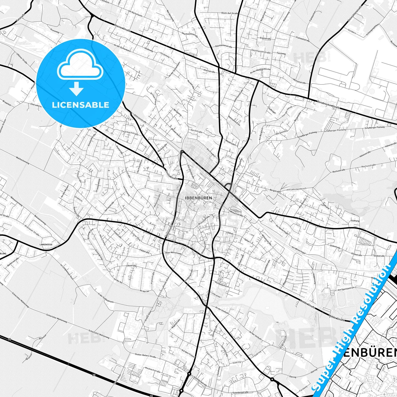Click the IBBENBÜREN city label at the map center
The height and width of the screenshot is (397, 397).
(x=198, y=198)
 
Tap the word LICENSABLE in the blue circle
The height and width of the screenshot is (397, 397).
(x=80, y=105)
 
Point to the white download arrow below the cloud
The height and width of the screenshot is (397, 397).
(x=76, y=88)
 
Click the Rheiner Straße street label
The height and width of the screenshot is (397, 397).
(x=123, y=28)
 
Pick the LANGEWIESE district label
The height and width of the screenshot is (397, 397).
(x=46, y=244)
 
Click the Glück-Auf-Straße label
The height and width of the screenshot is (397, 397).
(x=229, y=13)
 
